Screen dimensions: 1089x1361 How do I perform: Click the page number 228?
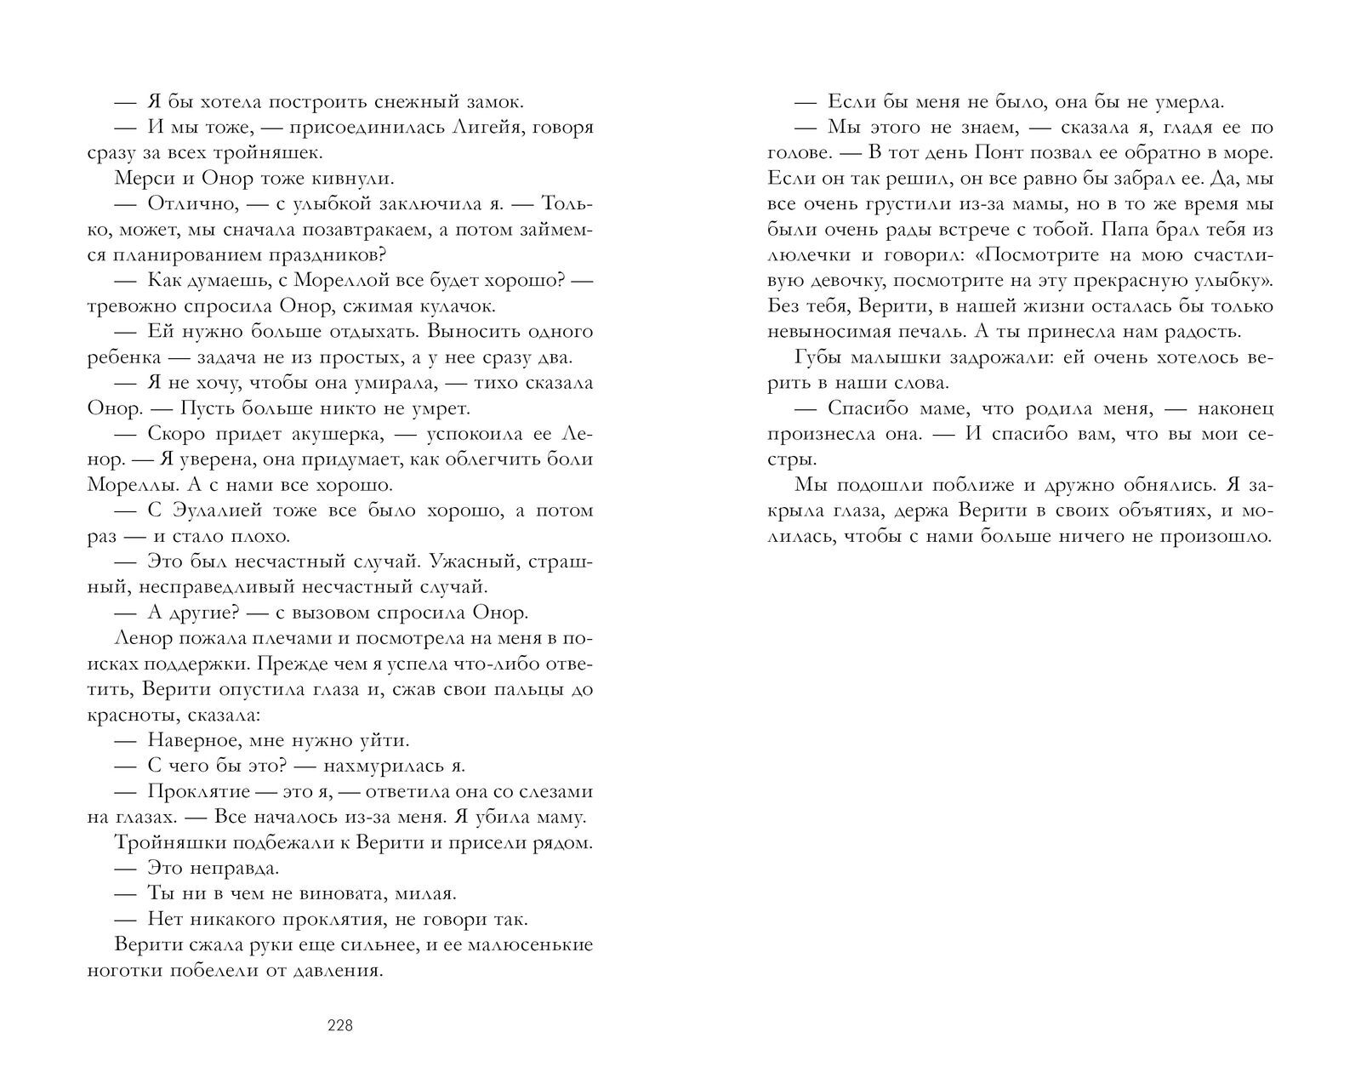click(339, 1025)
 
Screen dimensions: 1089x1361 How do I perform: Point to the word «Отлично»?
click(186, 204)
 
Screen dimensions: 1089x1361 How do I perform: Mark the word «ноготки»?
click(125, 971)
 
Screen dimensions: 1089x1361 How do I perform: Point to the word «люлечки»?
click(811, 255)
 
